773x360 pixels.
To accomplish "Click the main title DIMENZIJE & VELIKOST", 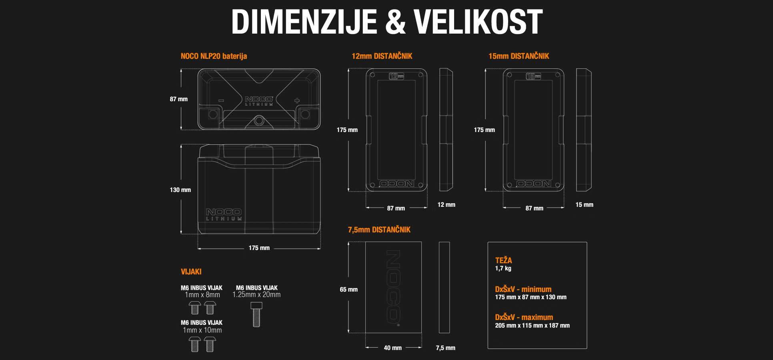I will [x=386, y=22].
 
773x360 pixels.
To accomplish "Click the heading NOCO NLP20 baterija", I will [x=214, y=56].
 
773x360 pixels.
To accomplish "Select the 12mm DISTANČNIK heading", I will [x=382, y=56].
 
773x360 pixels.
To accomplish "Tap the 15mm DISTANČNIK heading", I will [x=519, y=56].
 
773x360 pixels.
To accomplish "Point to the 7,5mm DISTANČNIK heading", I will [x=379, y=230].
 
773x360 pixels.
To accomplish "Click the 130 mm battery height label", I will [x=180, y=190].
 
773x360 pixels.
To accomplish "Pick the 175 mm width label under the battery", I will [x=259, y=248].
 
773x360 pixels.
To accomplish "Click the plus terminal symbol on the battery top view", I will [x=297, y=100].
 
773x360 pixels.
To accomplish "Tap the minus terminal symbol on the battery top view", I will [x=221, y=100].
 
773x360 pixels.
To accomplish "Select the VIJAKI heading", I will [x=191, y=272].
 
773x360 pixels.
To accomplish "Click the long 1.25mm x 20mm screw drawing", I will [x=256, y=314].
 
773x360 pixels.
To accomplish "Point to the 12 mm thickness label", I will [x=446, y=205].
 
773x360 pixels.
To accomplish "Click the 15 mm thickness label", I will [x=584, y=205].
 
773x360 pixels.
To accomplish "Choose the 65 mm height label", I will [x=348, y=290].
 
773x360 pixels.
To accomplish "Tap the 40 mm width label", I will [x=393, y=348].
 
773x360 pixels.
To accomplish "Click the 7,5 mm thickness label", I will [x=445, y=348].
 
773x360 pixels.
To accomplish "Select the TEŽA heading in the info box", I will [x=503, y=260].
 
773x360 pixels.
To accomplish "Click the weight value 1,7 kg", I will [x=503, y=268].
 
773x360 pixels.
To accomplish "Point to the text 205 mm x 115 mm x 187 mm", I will [x=532, y=326].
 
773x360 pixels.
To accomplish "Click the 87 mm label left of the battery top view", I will [x=178, y=99].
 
